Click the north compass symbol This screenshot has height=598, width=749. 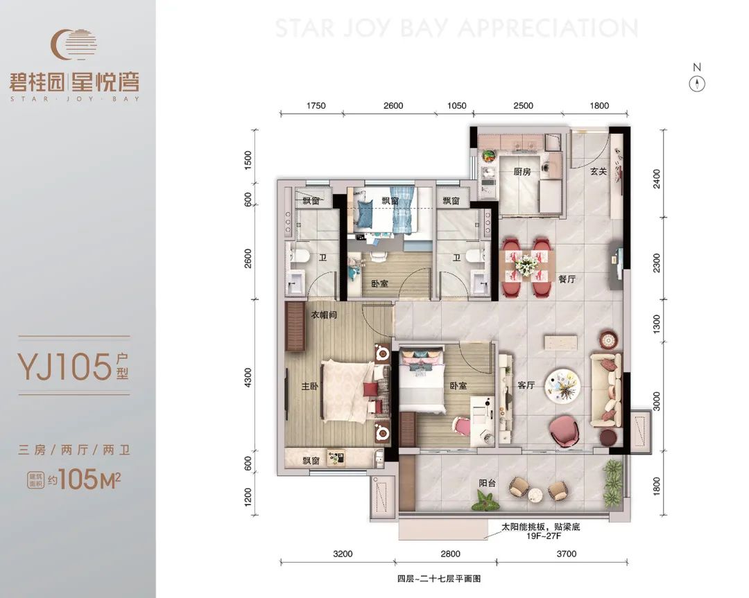point(697,85)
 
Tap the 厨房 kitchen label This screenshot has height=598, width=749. point(522,171)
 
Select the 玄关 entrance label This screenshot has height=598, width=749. point(598,171)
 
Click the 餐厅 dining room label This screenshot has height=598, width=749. point(567,279)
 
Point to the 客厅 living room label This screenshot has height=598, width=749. point(526,385)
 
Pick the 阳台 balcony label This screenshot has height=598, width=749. point(488,483)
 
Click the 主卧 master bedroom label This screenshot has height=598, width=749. point(309,386)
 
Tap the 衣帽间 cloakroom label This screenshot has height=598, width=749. point(324,315)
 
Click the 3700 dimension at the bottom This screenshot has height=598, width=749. point(567,554)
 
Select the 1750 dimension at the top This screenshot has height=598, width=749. point(316,105)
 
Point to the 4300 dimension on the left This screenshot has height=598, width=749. point(248,377)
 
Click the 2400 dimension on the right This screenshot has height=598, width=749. point(657,179)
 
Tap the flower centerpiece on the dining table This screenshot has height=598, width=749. point(526,264)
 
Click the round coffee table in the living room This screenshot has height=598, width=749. point(563,386)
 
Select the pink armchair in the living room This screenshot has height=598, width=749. point(566,432)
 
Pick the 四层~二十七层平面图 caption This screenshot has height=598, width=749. point(438,579)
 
